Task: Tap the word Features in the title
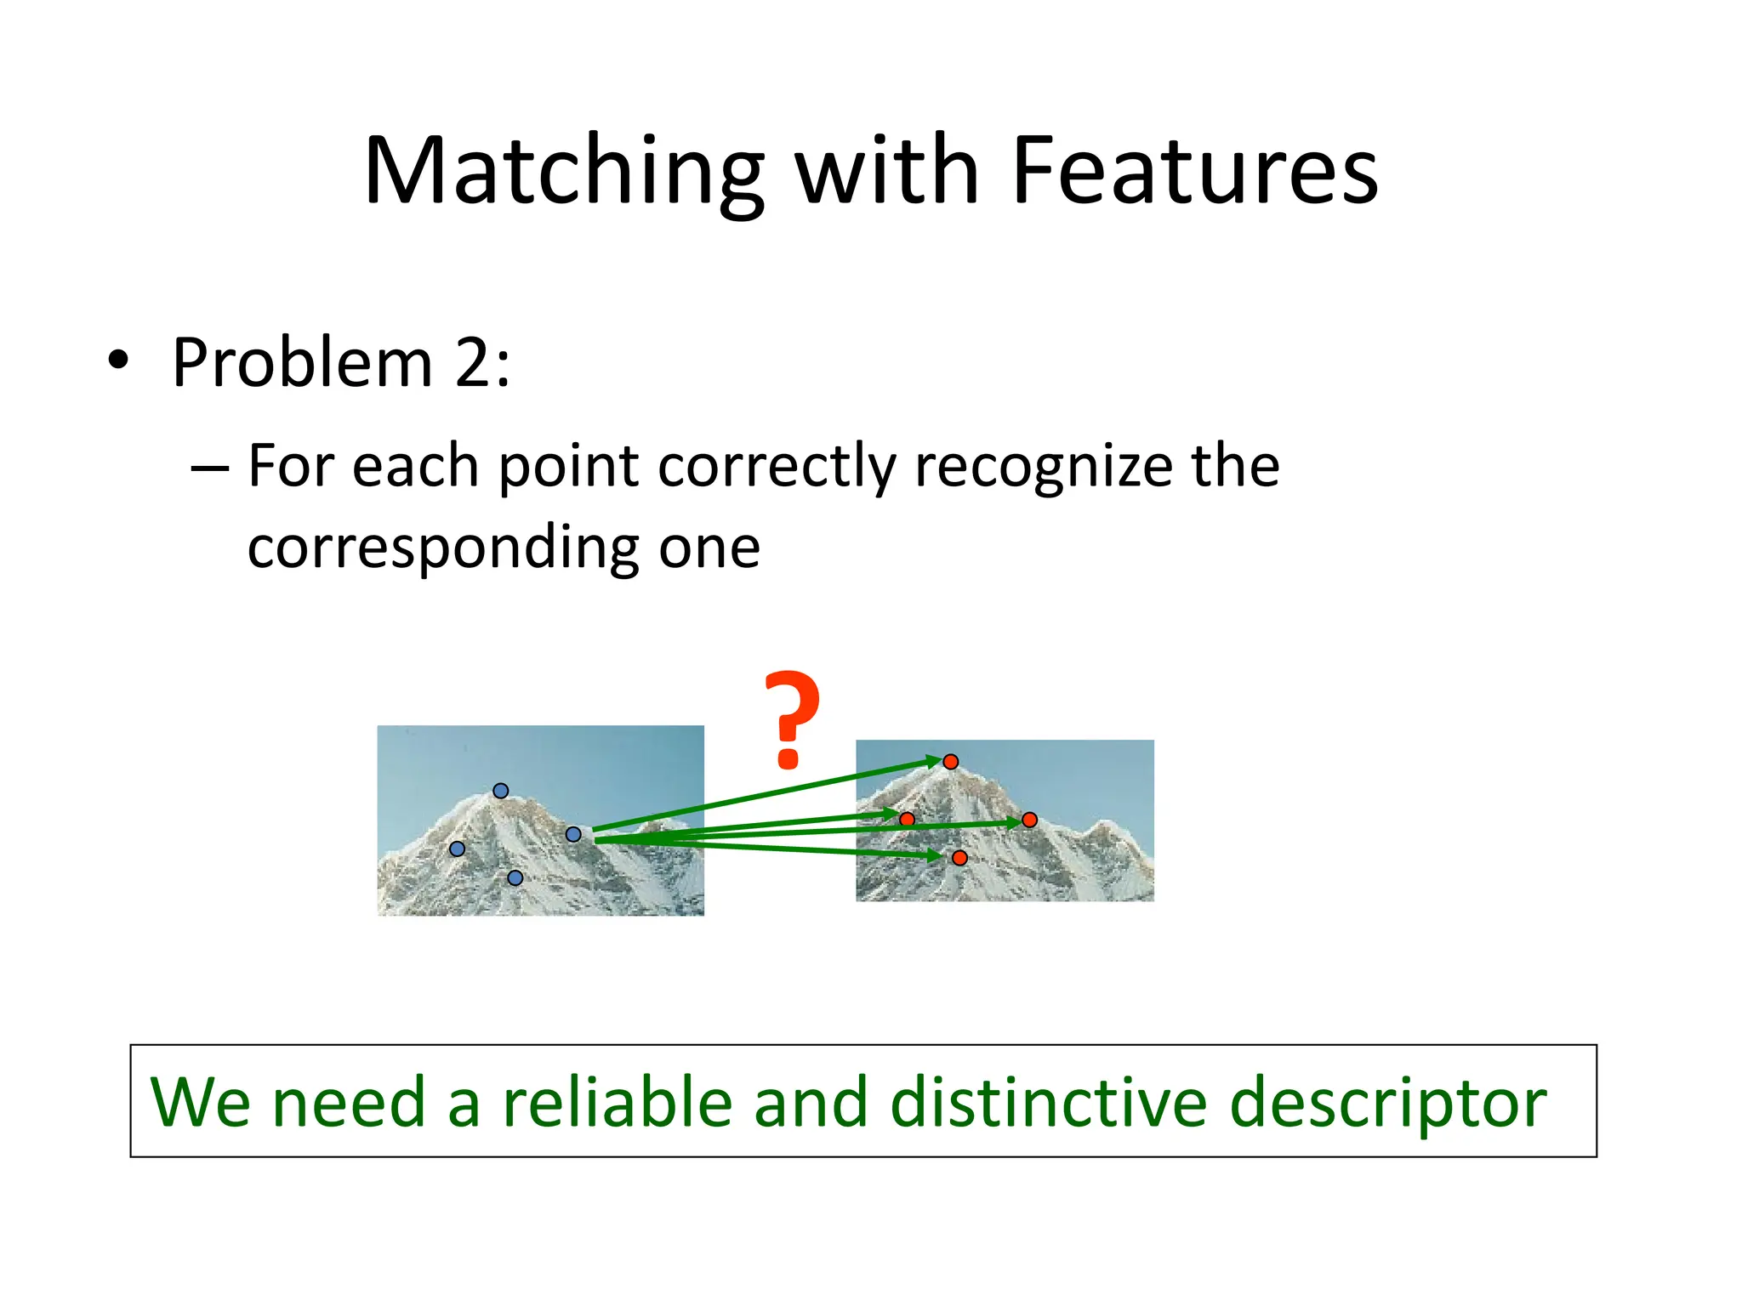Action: (1194, 172)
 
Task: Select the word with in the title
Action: (886, 172)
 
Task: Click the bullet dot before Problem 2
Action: (118, 361)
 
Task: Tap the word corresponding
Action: (442, 548)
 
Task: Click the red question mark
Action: (791, 718)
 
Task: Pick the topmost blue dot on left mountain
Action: (501, 791)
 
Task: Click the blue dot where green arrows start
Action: (573, 835)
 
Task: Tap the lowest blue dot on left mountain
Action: (515, 877)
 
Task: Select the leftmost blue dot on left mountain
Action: (457, 849)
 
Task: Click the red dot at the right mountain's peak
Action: (951, 762)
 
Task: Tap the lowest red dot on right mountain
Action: (959, 858)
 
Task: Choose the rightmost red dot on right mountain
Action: (1029, 821)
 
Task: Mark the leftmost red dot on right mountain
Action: (908, 820)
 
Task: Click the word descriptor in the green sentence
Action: (1388, 1102)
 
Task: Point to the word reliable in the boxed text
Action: (618, 1102)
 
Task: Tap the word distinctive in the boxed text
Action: (1048, 1102)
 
